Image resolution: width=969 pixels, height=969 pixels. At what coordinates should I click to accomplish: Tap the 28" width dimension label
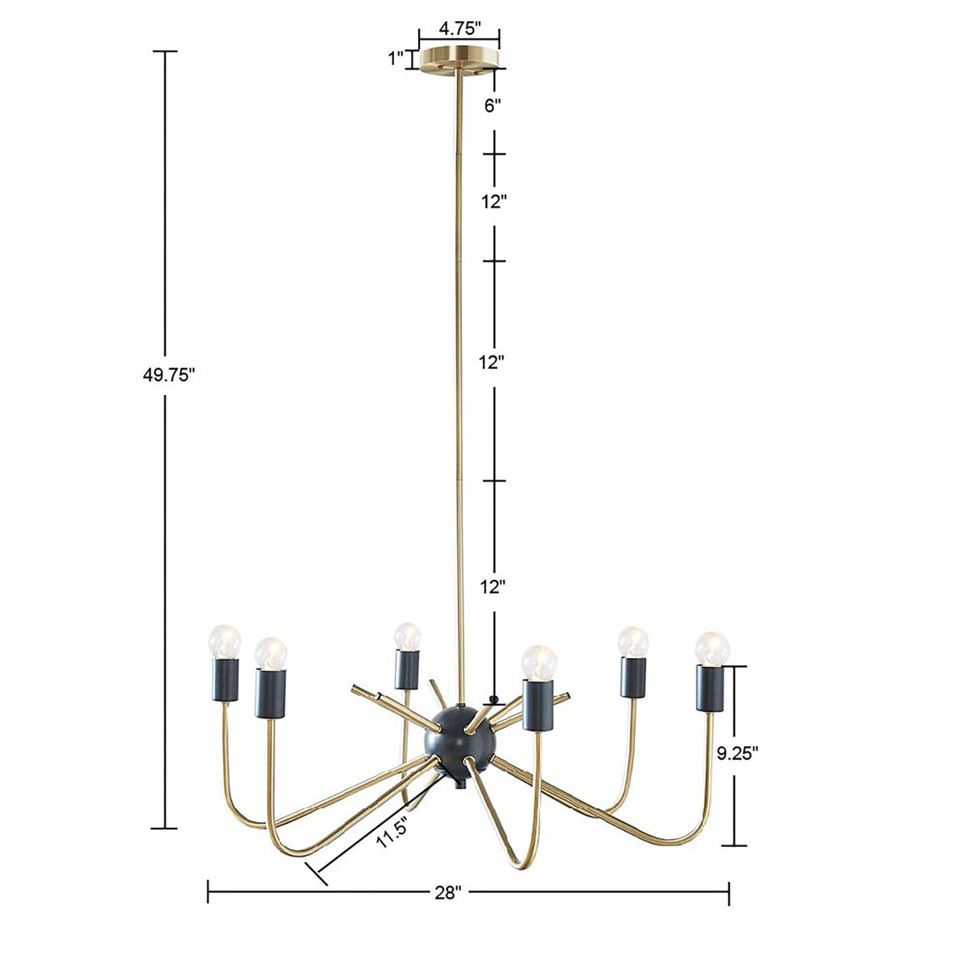(447, 892)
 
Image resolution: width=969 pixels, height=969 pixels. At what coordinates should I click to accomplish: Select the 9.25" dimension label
(738, 754)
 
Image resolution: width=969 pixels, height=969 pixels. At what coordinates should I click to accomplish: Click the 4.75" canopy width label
(459, 28)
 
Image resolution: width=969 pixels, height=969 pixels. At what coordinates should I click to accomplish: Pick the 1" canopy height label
(396, 58)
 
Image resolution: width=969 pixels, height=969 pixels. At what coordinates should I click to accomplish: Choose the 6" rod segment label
(493, 105)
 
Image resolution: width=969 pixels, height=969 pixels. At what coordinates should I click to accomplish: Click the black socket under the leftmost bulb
(225, 681)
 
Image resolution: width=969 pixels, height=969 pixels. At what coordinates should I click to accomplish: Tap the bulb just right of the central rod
(539, 662)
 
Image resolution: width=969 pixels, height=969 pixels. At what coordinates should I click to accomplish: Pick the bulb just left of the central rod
(408, 637)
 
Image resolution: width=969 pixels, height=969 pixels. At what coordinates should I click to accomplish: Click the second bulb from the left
(271, 652)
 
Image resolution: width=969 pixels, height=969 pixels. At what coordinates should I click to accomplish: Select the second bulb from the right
(633, 643)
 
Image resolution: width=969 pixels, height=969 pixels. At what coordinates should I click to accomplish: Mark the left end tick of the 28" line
(208, 891)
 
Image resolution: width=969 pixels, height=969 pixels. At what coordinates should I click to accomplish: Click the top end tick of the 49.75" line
(165, 52)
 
